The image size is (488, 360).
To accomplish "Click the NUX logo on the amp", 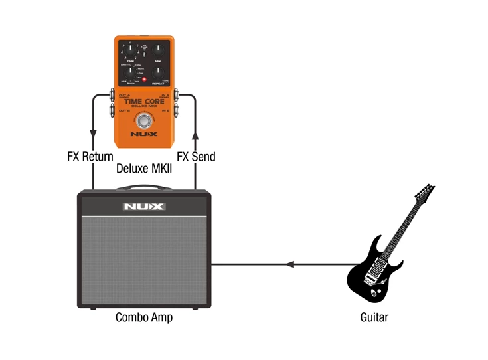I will pyautogui.click(x=143, y=207).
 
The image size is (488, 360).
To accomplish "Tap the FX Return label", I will pyautogui.click(x=89, y=157).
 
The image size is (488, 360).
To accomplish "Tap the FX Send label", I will pyautogui.click(x=196, y=157).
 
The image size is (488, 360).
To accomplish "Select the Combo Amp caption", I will pyautogui.click(x=143, y=317).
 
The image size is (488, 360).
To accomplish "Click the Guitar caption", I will pyautogui.click(x=374, y=317).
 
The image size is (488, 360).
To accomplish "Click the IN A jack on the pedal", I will pyautogui.click(x=177, y=95).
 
